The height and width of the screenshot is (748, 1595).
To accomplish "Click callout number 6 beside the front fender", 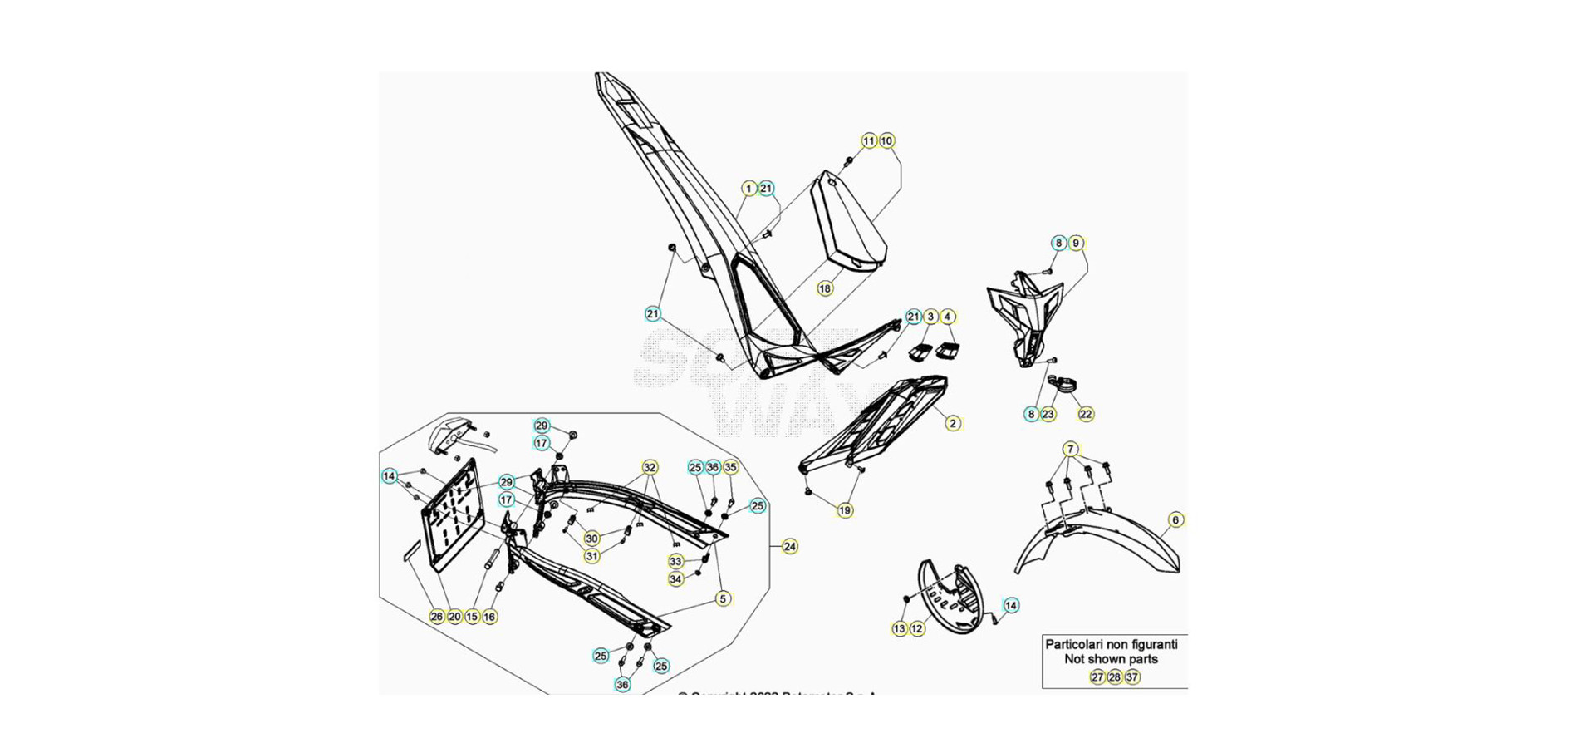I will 1175,520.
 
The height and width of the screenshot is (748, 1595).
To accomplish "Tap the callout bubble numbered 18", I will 824,288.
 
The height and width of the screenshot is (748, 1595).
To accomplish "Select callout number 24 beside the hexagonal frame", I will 790,546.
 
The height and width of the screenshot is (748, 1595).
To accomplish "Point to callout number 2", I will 953,423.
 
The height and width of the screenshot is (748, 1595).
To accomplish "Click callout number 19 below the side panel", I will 845,510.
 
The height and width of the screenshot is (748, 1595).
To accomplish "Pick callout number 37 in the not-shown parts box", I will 1132,677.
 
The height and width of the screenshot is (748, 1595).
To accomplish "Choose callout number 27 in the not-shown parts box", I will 1097,677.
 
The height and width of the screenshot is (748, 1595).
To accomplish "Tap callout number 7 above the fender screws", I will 1071,450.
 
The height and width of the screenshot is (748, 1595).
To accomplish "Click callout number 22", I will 1086,414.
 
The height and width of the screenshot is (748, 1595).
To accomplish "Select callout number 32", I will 650,467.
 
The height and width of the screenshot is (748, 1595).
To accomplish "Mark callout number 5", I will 723,598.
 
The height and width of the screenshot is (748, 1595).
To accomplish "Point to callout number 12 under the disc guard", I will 917,629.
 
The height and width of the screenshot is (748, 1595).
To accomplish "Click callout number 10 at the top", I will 886,141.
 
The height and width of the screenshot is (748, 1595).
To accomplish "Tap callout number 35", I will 730,467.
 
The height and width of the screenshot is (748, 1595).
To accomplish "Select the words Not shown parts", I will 1111,659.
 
